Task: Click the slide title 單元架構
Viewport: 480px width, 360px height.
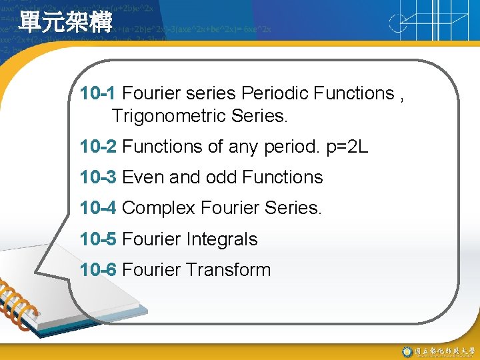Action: [x=65, y=21]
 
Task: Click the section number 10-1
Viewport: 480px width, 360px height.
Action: [x=98, y=93]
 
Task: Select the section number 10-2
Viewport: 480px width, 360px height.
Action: [x=98, y=146]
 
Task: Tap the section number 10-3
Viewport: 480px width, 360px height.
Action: [x=98, y=177]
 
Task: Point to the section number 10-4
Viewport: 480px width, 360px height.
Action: [x=98, y=208]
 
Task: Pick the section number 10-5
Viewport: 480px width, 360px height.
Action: [x=98, y=239]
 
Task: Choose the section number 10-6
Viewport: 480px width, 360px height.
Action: [x=98, y=270]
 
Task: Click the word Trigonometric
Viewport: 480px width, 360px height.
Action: [x=169, y=117]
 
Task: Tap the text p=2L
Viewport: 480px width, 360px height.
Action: [x=347, y=146]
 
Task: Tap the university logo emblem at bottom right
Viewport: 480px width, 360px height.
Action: [x=407, y=351]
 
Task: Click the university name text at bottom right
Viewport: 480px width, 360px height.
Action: [x=443, y=351]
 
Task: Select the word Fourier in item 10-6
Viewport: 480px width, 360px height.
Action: [x=151, y=270]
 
